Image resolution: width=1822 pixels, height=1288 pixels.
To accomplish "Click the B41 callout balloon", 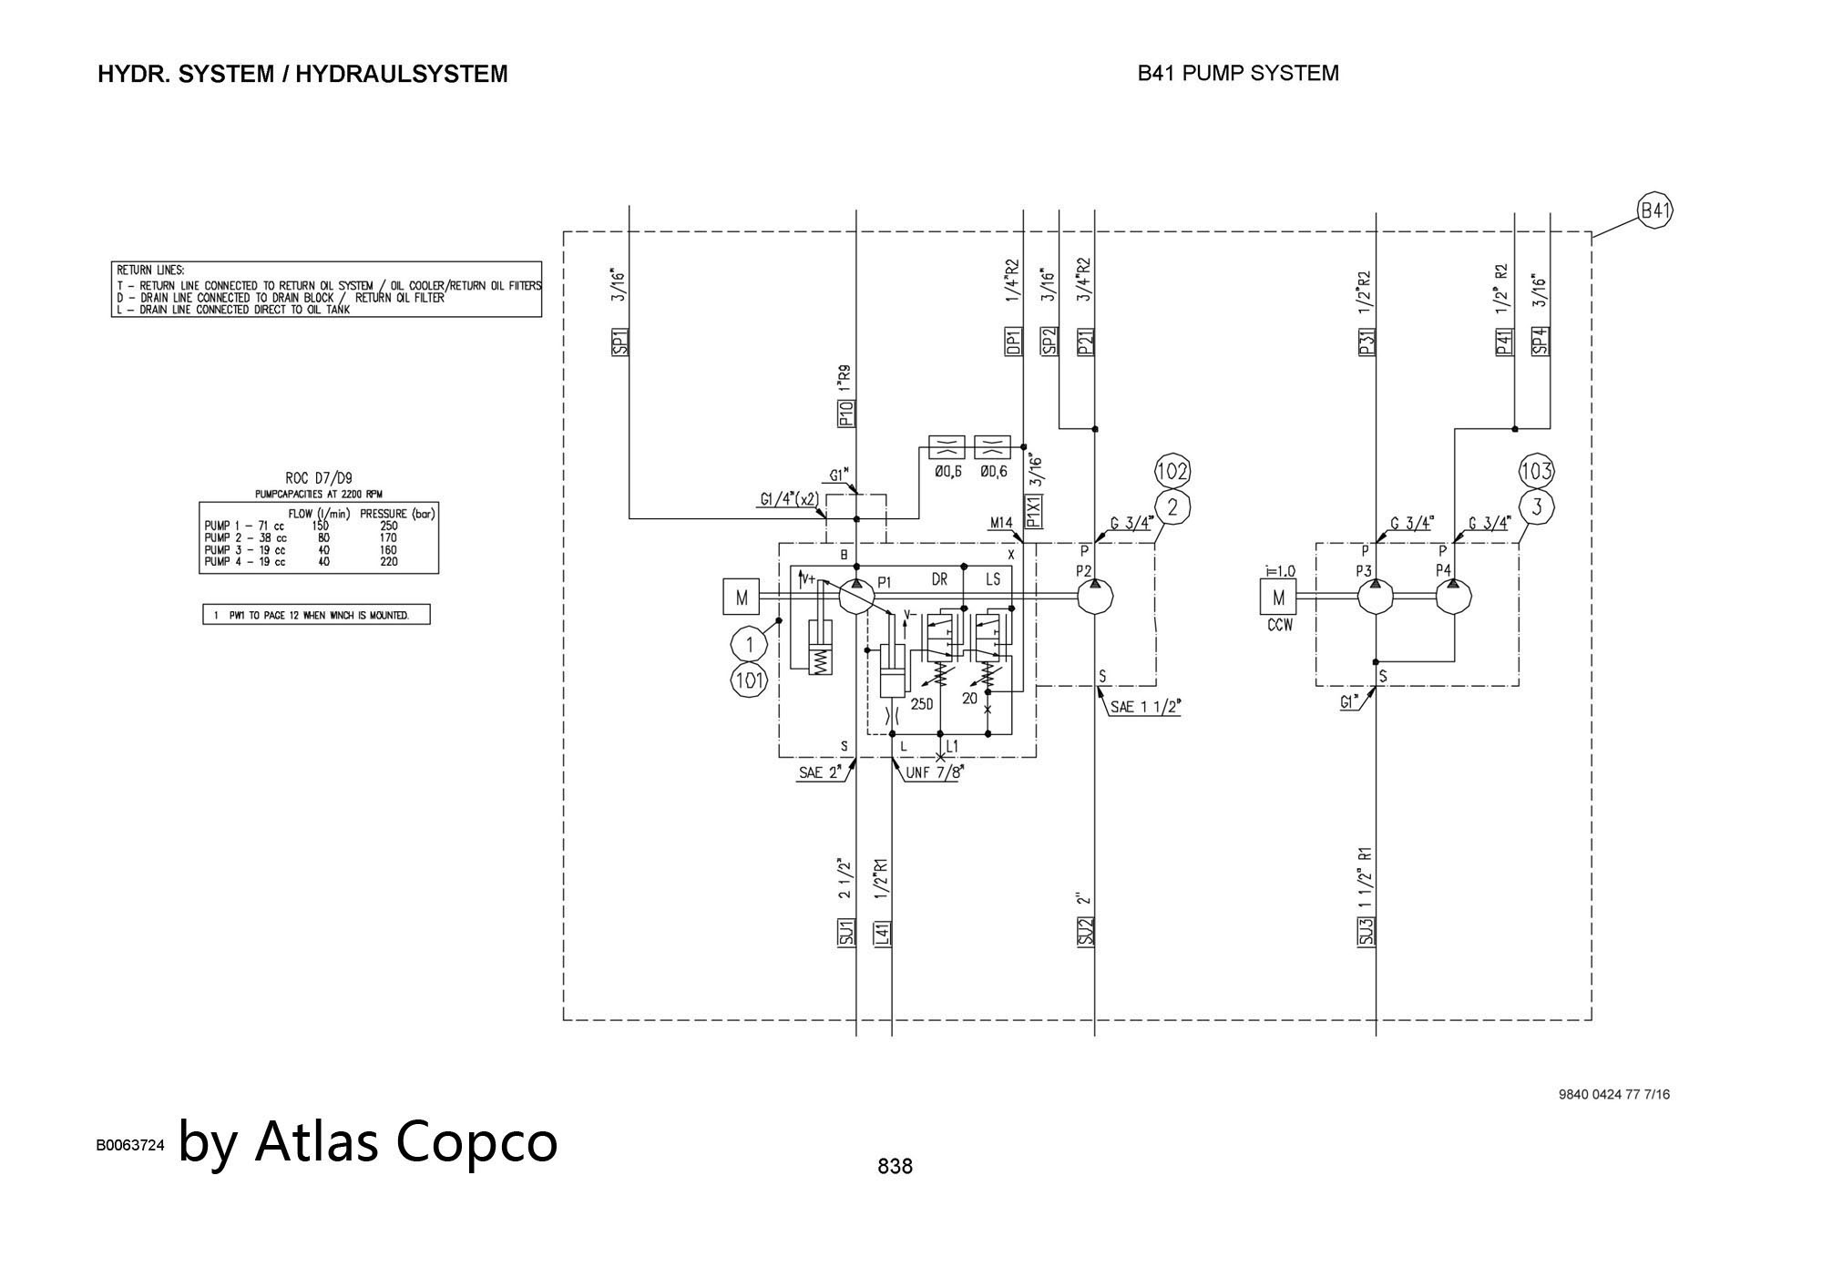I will point(1654,211).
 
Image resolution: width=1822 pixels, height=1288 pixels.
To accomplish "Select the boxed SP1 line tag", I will point(619,341).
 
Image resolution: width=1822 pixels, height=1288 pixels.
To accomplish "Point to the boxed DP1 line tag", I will point(1014,341).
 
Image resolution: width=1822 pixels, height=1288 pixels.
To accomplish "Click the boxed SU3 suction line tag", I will point(1366,931).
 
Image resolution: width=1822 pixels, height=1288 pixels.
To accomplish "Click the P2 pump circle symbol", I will point(1094,597).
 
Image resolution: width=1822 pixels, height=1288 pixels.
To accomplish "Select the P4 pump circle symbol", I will point(1454,597).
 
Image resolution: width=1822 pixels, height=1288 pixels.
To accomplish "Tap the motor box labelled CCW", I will point(1278,598).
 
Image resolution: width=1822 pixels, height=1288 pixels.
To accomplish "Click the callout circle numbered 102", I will point(1172,472).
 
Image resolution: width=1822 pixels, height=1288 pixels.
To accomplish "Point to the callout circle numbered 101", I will point(749,680).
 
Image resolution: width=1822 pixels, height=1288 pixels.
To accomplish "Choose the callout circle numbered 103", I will point(1536,472).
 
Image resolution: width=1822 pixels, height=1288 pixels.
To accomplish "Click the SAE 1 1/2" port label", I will point(1145,707).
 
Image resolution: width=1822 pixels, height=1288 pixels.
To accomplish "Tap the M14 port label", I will point(1001,523).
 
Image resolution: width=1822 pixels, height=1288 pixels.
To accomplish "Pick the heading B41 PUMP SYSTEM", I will point(1238,73).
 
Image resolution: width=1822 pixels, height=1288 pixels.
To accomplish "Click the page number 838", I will point(895,1166).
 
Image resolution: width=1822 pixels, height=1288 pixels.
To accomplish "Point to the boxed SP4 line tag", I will point(1541,341).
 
